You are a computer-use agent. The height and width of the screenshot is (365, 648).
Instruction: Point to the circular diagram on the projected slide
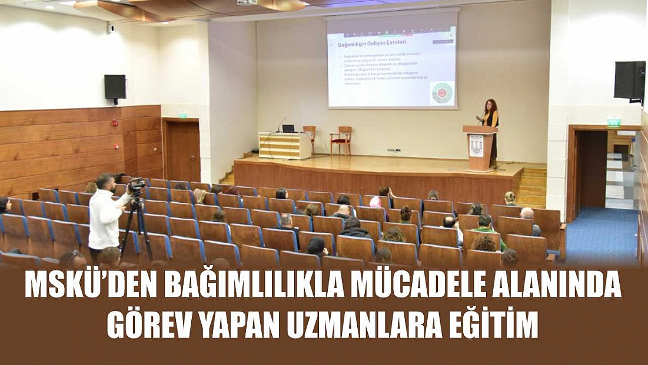click(x=442, y=92)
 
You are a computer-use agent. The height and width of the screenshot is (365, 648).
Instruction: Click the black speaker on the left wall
click(x=115, y=87)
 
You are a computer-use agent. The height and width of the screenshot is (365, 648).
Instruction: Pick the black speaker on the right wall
click(x=629, y=80)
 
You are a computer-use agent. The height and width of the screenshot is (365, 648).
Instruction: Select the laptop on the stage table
click(x=288, y=128)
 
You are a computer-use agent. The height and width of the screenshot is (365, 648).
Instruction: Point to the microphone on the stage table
click(x=280, y=123)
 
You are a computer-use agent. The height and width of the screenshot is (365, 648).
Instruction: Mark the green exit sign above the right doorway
click(x=614, y=122)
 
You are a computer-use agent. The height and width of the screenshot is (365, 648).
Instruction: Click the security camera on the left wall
click(x=110, y=28)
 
